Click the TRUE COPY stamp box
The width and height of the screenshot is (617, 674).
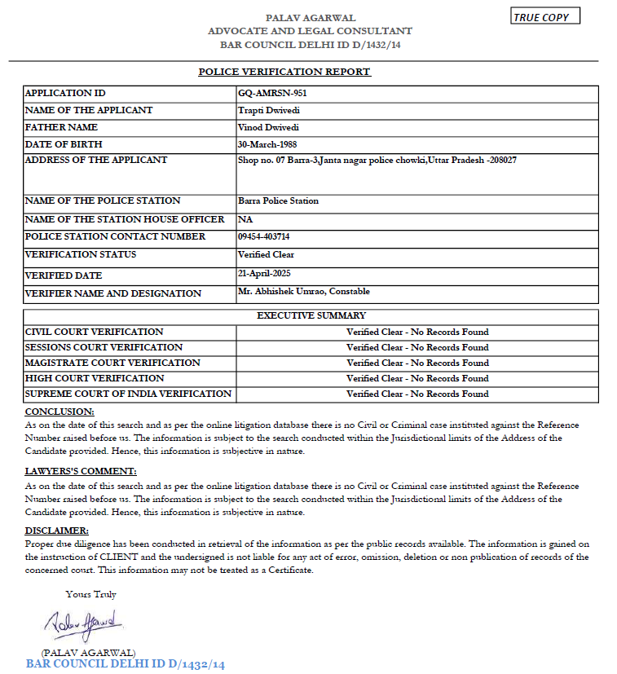pos(546,17)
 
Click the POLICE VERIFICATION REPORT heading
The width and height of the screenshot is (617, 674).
pos(284,72)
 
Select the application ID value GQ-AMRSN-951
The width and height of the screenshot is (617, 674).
pos(271,93)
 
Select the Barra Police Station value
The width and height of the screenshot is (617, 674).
pos(278,200)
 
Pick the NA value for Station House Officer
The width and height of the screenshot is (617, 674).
pos(245,219)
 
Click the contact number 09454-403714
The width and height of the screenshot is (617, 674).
pos(263,236)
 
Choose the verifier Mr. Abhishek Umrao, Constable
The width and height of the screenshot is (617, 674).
pos(303,292)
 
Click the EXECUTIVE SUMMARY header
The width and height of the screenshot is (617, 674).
pos(311,315)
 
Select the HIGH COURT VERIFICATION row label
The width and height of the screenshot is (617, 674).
pos(95,378)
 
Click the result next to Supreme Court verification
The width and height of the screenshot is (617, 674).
pos(417,394)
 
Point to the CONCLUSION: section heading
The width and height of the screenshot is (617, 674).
pos(59,412)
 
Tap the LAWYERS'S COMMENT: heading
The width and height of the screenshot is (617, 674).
pos(81,472)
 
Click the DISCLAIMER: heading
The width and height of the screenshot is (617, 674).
pos(57,531)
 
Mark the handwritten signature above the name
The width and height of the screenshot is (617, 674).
pos(82,623)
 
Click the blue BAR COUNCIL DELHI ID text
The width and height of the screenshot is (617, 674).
pos(125,664)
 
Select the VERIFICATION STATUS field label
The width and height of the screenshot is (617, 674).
pos(81,254)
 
